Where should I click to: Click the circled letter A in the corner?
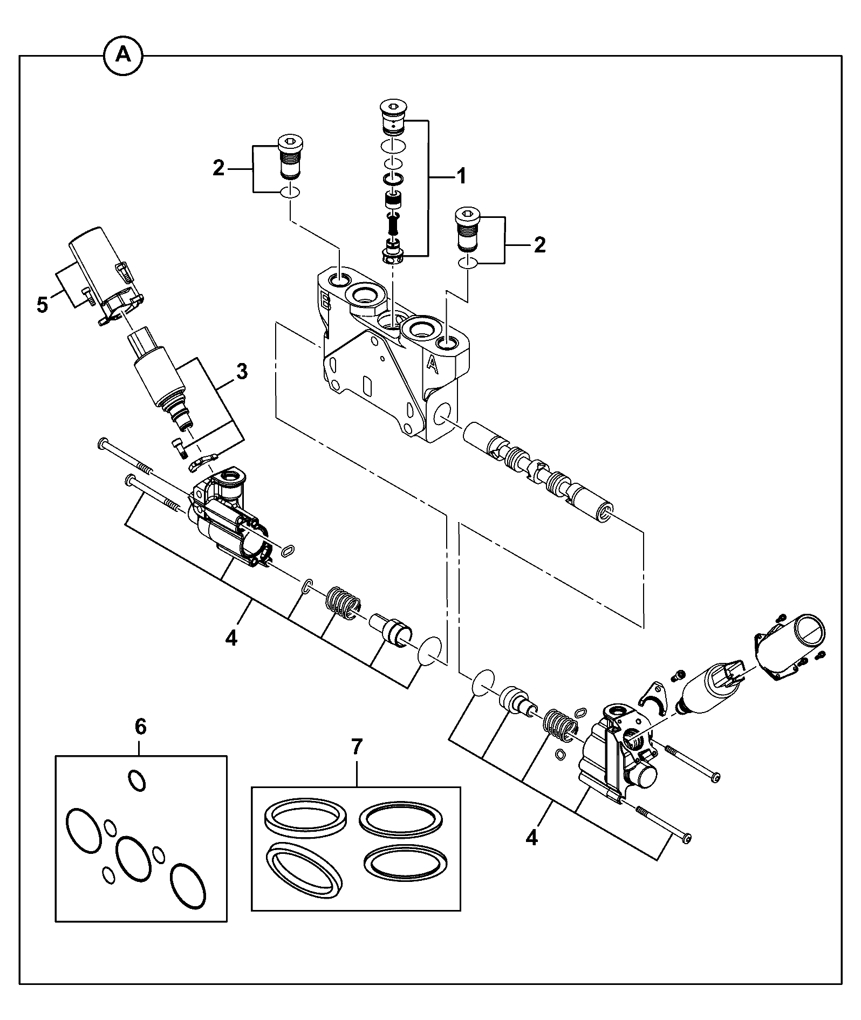(124, 54)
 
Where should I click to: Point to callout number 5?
(42, 305)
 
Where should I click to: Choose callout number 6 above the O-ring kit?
(140, 727)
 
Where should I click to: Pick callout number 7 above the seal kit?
(357, 747)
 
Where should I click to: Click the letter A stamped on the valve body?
(432, 365)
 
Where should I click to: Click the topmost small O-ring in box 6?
(136, 781)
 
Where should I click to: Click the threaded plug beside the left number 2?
(291, 157)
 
